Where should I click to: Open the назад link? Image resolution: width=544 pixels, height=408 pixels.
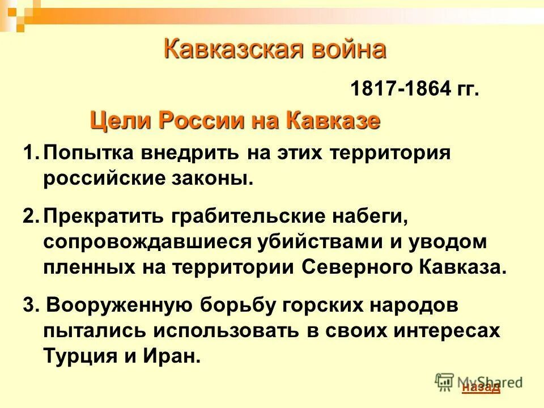481,388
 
